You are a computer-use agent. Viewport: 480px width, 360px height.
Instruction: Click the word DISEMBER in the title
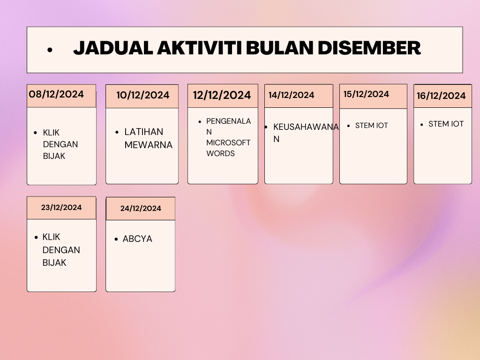[369, 48]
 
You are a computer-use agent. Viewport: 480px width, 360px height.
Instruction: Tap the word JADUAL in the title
[113, 48]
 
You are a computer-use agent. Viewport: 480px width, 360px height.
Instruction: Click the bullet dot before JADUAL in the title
[50, 50]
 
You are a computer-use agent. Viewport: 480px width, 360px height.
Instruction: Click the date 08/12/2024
[56, 94]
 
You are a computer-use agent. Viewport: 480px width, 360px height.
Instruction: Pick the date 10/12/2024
[142, 95]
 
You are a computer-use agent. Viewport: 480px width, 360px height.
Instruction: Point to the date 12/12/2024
[222, 95]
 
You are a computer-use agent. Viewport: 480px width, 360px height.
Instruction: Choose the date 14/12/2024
[292, 95]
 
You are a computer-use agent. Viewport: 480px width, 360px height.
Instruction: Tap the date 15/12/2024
[366, 94]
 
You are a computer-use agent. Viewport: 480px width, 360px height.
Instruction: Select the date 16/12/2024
[441, 96]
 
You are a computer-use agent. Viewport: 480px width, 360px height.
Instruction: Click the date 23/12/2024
[61, 207]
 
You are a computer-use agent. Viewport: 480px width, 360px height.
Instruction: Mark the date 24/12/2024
[141, 208]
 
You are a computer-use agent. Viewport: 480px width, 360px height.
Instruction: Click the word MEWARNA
[149, 145]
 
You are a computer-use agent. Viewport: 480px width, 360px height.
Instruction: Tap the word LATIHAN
[144, 132]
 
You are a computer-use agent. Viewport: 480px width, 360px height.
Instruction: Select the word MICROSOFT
[228, 142]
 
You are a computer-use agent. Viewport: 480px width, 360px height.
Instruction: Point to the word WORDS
[220, 153]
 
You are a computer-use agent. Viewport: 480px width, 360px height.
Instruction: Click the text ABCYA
[137, 239]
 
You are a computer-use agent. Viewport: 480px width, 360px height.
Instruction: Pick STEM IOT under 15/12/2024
[372, 126]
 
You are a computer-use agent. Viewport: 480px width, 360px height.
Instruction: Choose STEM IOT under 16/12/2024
[446, 124]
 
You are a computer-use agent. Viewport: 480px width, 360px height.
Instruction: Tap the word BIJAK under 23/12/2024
[54, 262]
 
